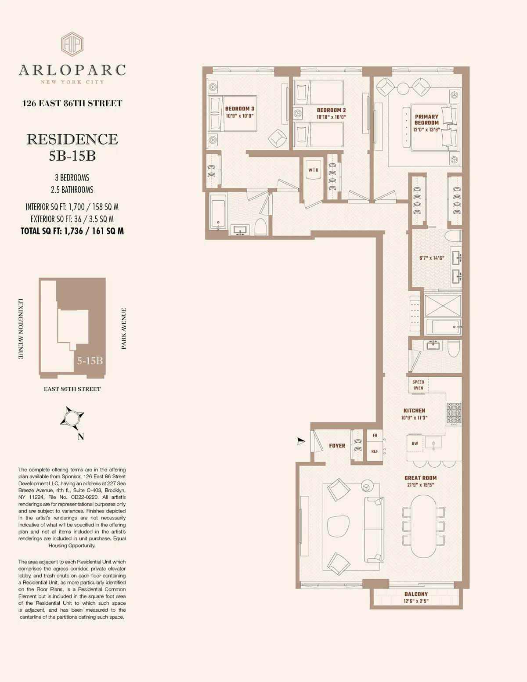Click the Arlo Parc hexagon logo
pos(72,44)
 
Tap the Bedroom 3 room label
pos(239,109)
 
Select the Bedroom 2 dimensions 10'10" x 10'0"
pos(331,117)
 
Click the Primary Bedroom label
pos(426,119)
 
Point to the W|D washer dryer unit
pos(313,170)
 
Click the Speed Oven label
pos(418,385)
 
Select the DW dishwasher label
pos(415,444)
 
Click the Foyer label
pos(337,446)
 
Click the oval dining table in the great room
pos(423,526)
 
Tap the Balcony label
pos(416,594)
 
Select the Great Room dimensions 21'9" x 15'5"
pos(420,485)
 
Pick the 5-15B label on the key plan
pos(90,361)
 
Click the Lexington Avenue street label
pos(20,329)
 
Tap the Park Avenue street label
pos(124,328)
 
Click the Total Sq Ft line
pos(72,231)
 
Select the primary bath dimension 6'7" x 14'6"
pos(431,258)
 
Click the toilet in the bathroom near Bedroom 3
pos(260,227)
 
